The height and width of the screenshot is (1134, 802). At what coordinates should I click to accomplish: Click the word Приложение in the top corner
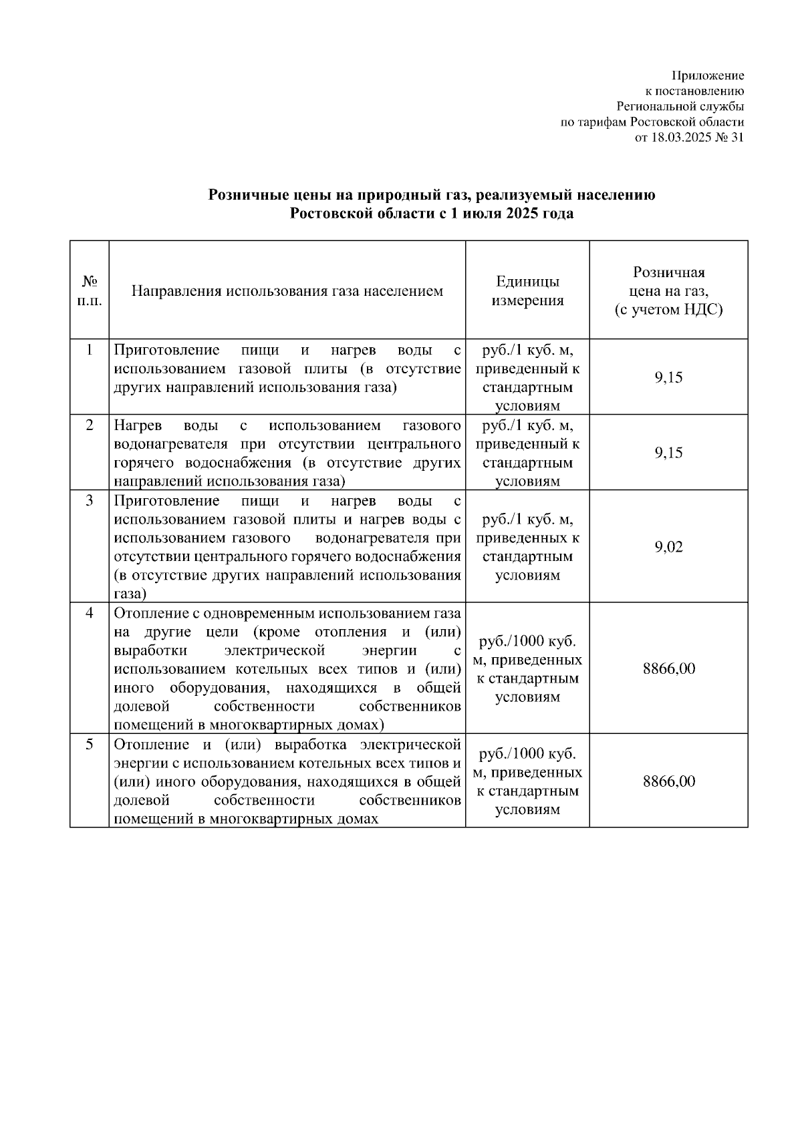[x=708, y=76]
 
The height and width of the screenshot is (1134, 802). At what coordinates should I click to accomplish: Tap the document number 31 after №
[x=737, y=138]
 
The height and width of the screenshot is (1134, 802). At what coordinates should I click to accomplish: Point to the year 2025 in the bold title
[x=515, y=214]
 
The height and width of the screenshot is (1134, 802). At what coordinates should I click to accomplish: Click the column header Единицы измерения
[x=527, y=291]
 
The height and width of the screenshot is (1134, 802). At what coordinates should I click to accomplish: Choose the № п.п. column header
[x=89, y=291]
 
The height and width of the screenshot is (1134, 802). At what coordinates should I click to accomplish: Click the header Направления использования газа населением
[x=287, y=291]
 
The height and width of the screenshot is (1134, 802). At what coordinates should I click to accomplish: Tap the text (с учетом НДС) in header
[x=668, y=311]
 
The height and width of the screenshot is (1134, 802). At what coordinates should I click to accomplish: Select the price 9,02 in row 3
[x=668, y=548]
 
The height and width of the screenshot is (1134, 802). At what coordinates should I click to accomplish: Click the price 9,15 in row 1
[x=668, y=377]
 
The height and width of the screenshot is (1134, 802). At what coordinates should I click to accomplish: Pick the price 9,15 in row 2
[x=668, y=453]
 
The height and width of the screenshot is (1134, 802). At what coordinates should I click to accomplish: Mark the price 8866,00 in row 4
[x=668, y=669]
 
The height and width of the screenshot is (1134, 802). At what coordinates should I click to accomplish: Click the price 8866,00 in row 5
[x=668, y=781]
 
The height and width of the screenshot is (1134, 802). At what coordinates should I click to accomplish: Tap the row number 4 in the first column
[x=90, y=613]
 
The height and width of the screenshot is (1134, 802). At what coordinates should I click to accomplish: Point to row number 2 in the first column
[x=90, y=425]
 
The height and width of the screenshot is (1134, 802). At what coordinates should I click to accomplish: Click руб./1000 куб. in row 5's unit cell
[x=527, y=754]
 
